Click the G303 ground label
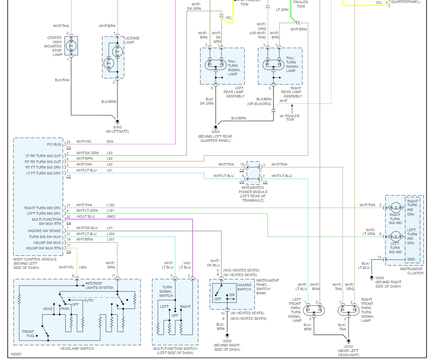point(117,127)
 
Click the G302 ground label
point(216,132)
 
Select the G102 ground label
point(349,346)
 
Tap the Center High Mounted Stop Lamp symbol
point(71,46)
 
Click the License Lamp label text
point(132,40)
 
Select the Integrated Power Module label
point(252,192)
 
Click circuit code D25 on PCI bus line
point(110,141)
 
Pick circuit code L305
point(111,234)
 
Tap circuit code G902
point(111,216)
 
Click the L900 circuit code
point(82,267)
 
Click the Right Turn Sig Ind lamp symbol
point(395,208)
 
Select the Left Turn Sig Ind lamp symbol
point(395,236)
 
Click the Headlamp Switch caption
point(77,349)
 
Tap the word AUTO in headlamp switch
point(89,300)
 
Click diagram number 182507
point(16,354)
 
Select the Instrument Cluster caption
point(412,271)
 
